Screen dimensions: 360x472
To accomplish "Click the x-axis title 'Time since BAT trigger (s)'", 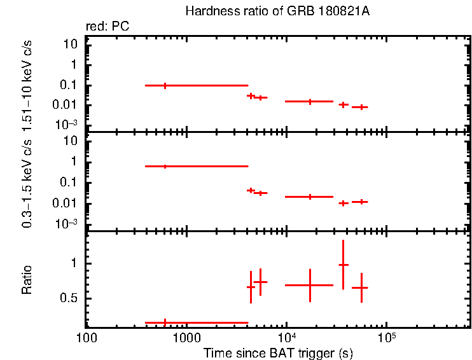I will (278, 352).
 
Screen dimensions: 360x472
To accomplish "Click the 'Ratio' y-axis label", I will (27, 280).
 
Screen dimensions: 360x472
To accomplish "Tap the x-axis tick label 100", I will (87, 336).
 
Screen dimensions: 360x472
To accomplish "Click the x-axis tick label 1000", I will (186, 336).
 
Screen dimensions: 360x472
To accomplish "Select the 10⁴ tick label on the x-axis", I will (286, 335).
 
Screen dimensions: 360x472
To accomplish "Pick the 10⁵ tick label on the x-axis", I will (386, 335).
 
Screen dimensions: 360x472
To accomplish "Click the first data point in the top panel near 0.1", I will (165, 85).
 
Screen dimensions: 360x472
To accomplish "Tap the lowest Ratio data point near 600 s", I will (165, 322).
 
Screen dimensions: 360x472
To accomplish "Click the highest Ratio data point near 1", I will (343, 265).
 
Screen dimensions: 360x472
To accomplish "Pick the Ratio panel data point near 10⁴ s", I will (310, 285).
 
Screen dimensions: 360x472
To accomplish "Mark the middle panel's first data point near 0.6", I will (165, 166).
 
